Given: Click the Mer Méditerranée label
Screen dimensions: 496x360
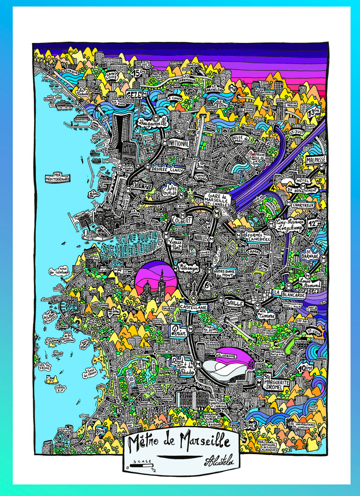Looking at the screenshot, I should click(x=57, y=177).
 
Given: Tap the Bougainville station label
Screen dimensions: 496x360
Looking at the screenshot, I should click(x=154, y=122).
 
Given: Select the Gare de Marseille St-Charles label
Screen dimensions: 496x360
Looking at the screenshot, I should click(x=217, y=199).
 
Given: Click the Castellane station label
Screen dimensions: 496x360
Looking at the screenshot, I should click(x=193, y=307).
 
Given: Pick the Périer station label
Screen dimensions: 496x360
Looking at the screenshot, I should click(x=178, y=330).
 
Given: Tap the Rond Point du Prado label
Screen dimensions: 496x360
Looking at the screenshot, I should click(x=182, y=366).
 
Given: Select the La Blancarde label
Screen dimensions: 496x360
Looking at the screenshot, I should click(x=290, y=295).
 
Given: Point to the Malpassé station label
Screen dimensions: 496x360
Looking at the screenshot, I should click(x=316, y=160).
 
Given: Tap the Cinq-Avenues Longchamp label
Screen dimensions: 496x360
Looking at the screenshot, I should click(x=290, y=225).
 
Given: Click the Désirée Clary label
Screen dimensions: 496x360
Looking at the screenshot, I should click(x=167, y=169).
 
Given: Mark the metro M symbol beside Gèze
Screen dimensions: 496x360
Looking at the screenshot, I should click(x=144, y=94).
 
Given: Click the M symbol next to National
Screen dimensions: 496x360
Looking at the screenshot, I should click(x=164, y=142).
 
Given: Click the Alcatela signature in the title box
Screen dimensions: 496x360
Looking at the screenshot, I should click(x=219, y=461).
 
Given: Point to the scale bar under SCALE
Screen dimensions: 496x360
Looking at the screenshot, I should click(x=141, y=465).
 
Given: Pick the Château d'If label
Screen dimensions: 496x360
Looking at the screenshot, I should click(x=60, y=388).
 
